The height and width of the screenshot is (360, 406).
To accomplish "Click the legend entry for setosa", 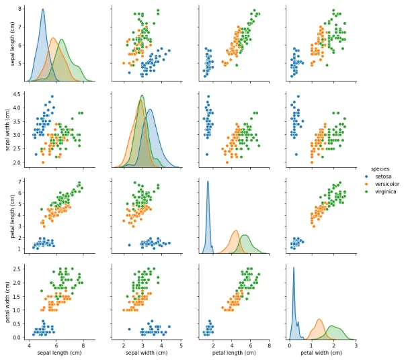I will click(380, 176).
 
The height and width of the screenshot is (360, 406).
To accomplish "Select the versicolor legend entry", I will click(384, 183).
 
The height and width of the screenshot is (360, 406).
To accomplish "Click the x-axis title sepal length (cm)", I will click(56, 353).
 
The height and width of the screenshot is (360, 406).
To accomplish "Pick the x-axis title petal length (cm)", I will click(232, 353).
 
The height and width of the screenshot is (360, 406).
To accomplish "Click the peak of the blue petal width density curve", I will click(294, 267).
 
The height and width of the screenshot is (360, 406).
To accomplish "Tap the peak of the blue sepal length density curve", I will click(43, 10).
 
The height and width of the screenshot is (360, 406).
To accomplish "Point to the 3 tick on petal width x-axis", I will click(356, 344).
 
